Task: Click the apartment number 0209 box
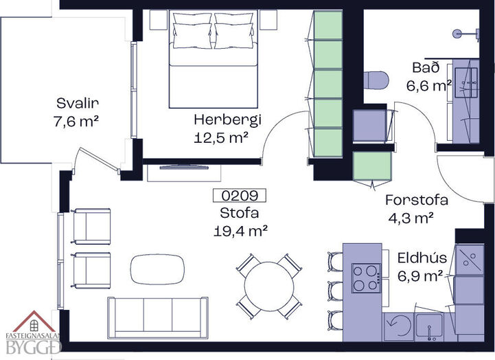click(x=240, y=196)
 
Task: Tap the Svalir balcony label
click(x=78, y=103)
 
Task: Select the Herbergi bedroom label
click(x=228, y=120)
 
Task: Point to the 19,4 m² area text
click(x=240, y=232)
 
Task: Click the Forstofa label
click(x=417, y=200)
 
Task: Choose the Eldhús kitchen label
click(x=422, y=258)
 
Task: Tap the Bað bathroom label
click(x=426, y=68)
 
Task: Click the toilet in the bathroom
click(x=376, y=80)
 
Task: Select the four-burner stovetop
click(x=366, y=278)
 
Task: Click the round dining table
click(x=269, y=286)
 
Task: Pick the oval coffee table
click(x=157, y=269)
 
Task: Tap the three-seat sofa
click(x=158, y=317)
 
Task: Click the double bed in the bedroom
click(x=214, y=58)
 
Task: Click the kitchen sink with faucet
click(x=429, y=326)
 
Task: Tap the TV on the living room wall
click(x=184, y=166)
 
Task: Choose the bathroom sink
click(x=466, y=82)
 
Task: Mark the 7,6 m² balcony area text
click(x=76, y=122)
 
